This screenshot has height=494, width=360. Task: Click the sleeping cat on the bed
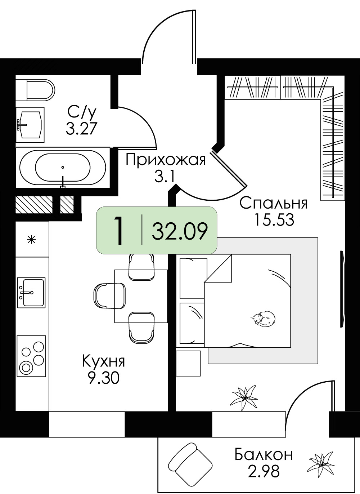(263, 318)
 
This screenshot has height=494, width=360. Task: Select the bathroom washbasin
(30, 125)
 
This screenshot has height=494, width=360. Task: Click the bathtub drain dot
(63, 168)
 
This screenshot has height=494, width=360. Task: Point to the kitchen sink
(31, 293)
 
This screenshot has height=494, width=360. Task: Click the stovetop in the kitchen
(31, 356)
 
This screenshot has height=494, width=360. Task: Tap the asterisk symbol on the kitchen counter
(32, 239)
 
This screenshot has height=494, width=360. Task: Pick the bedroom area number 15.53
(274, 220)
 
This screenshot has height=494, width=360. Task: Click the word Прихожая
(166, 160)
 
